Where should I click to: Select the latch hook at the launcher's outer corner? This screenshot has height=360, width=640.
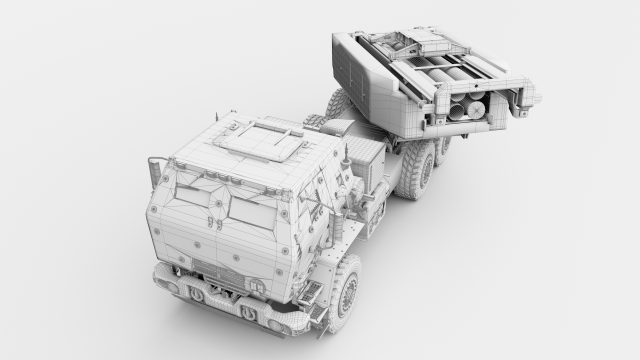point(529,98)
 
